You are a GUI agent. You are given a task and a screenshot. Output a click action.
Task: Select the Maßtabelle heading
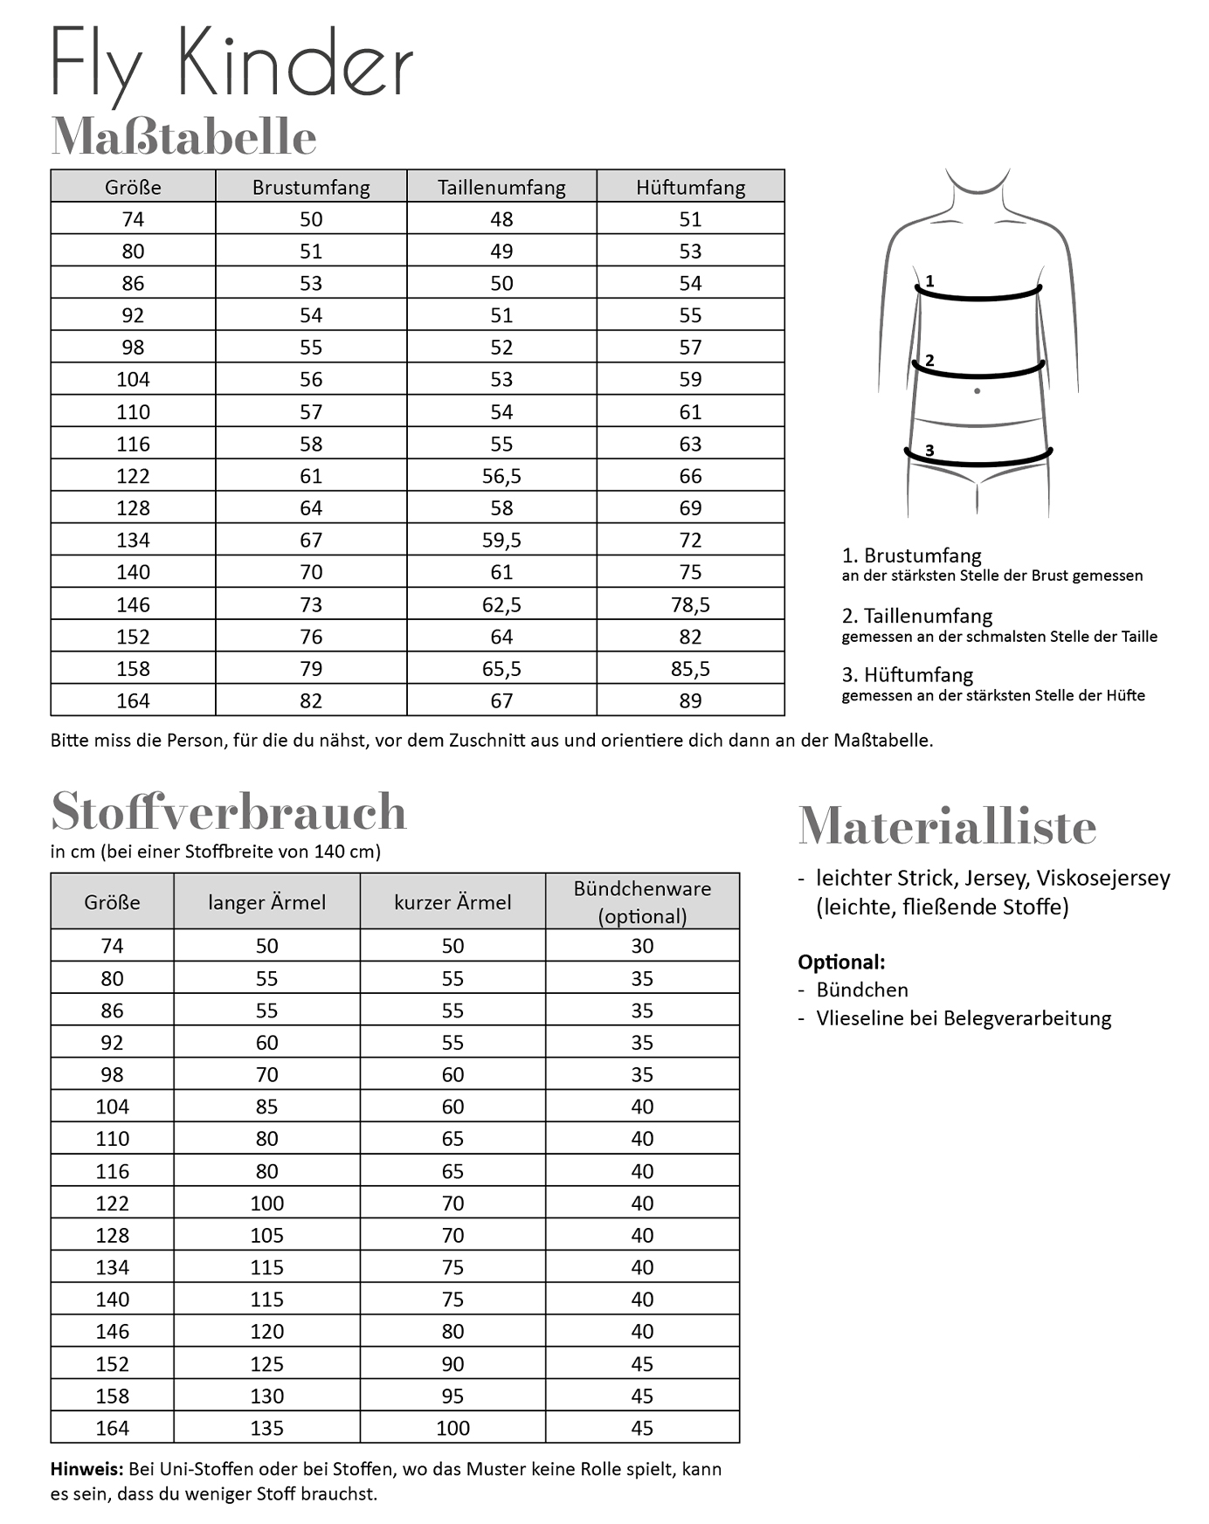(x=183, y=136)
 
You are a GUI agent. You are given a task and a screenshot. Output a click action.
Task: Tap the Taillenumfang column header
(x=501, y=187)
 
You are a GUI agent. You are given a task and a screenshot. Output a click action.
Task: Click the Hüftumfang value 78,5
(x=690, y=604)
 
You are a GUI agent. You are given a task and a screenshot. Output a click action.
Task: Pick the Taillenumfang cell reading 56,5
(x=501, y=476)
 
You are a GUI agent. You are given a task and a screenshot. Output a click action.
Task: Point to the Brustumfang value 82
(x=311, y=700)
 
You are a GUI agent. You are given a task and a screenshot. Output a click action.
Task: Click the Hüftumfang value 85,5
(x=690, y=669)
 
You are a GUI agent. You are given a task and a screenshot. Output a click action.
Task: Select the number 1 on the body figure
(x=929, y=281)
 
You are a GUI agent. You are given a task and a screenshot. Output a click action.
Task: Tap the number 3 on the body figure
(x=929, y=451)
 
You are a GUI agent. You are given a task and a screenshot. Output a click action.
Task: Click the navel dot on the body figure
(x=977, y=391)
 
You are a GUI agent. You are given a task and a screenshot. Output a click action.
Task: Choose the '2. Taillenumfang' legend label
(x=917, y=616)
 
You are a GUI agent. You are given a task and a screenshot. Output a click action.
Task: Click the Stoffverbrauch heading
(x=229, y=811)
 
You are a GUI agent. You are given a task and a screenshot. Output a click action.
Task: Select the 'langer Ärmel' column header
(x=266, y=902)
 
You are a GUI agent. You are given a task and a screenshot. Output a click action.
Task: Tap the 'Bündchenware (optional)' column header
(x=642, y=902)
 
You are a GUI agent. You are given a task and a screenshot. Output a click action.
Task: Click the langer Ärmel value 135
(x=266, y=1428)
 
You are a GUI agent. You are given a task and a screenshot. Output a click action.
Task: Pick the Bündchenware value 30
(x=642, y=946)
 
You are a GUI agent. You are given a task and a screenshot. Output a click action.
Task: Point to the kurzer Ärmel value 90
(x=453, y=1364)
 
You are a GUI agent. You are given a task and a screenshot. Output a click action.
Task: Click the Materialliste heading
(x=947, y=826)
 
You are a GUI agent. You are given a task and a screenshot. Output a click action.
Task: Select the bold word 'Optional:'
(x=841, y=962)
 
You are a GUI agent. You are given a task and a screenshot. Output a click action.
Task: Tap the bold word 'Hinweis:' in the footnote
(x=86, y=1469)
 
